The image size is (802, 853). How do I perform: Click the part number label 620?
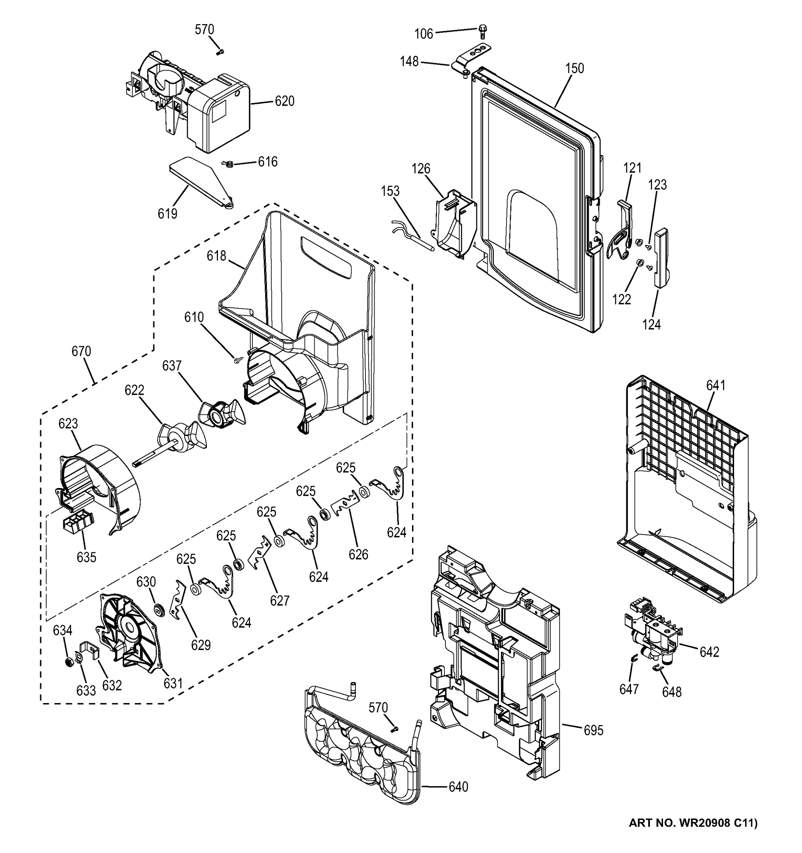coord(284,102)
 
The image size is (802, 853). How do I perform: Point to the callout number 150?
coord(574,69)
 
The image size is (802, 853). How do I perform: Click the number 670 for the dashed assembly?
coord(81,352)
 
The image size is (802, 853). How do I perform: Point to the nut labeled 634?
coord(68,662)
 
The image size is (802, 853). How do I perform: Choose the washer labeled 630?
coord(160,609)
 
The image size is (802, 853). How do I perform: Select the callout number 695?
coord(593,730)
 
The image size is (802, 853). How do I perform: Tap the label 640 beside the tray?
coord(458,787)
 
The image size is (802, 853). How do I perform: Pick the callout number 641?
coord(715,386)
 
